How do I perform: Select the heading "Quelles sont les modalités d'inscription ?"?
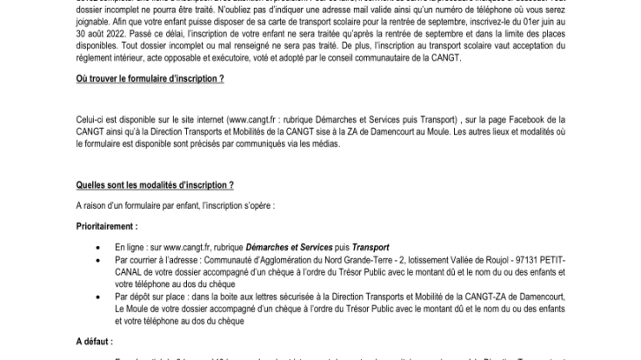point(155,187)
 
